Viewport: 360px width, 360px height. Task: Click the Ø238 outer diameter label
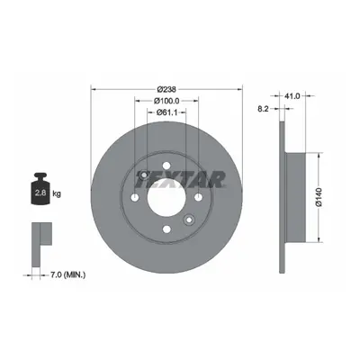[166, 89]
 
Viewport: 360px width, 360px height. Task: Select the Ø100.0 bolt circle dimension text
[166, 101]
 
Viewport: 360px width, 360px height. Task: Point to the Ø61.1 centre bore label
[166, 112]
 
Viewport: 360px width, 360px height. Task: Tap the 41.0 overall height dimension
[292, 96]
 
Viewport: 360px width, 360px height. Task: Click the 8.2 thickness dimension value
[263, 109]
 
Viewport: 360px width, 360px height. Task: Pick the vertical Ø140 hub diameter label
[319, 197]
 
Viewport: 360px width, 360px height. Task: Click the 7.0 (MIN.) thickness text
[67, 274]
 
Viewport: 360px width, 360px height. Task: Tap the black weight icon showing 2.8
[40, 188]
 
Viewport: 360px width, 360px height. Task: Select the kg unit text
[57, 193]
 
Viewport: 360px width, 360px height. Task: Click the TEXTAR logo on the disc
[181, 179]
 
